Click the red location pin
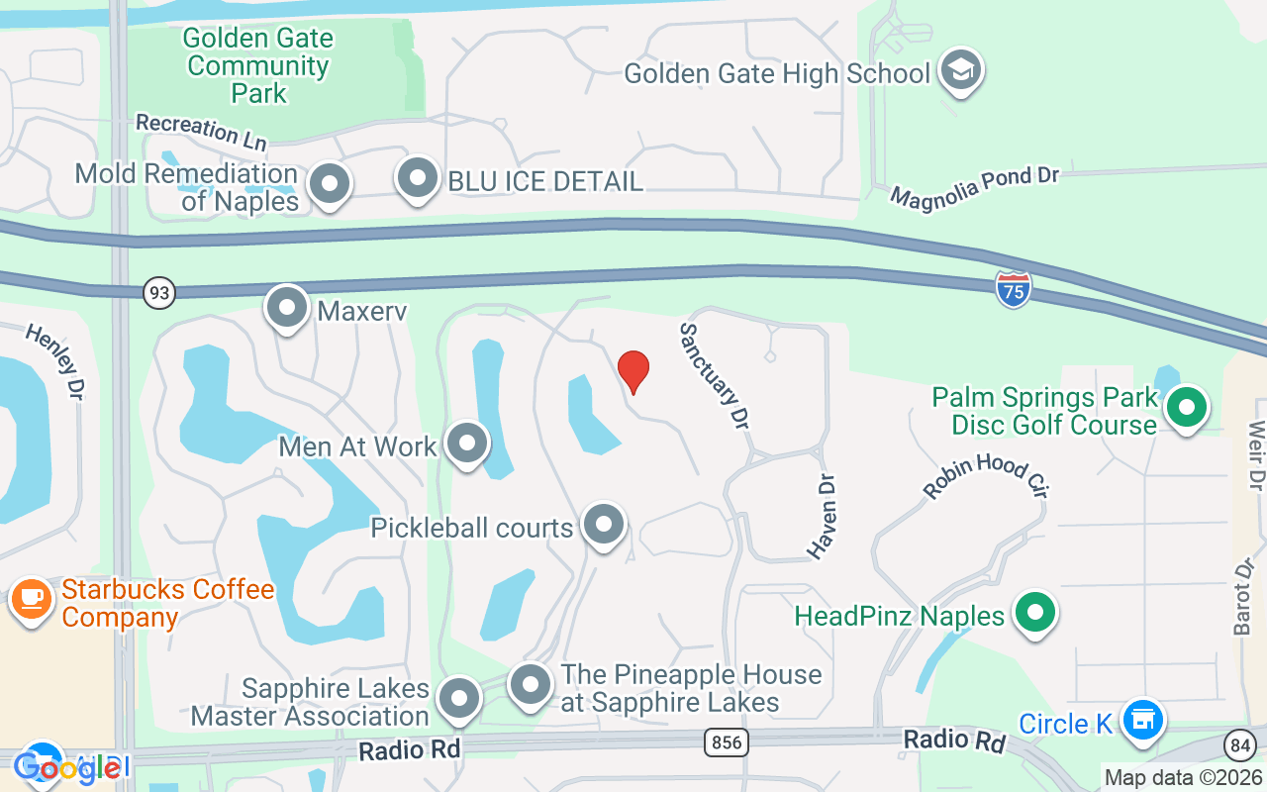click(633, 371)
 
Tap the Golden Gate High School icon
click(960, 71)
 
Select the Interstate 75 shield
click(1014, 289)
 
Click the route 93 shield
click(158, 293)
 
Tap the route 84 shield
click(1239, 744)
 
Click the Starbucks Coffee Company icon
click(32, 600)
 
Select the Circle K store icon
click(1143, 720)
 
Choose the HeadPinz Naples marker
click(1035, 613)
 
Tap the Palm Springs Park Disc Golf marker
click(1186, 408)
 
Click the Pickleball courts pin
click(603, 525)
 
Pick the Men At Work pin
click(467, 445)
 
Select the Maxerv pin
click(287, 308)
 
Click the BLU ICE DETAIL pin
click(418, 179)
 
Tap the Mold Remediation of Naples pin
click(330, 184)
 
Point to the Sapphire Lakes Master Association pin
click(458, 699)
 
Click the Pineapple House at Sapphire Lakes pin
click(531, 685)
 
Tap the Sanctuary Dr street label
click(713, 375)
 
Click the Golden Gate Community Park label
click(258, 66)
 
